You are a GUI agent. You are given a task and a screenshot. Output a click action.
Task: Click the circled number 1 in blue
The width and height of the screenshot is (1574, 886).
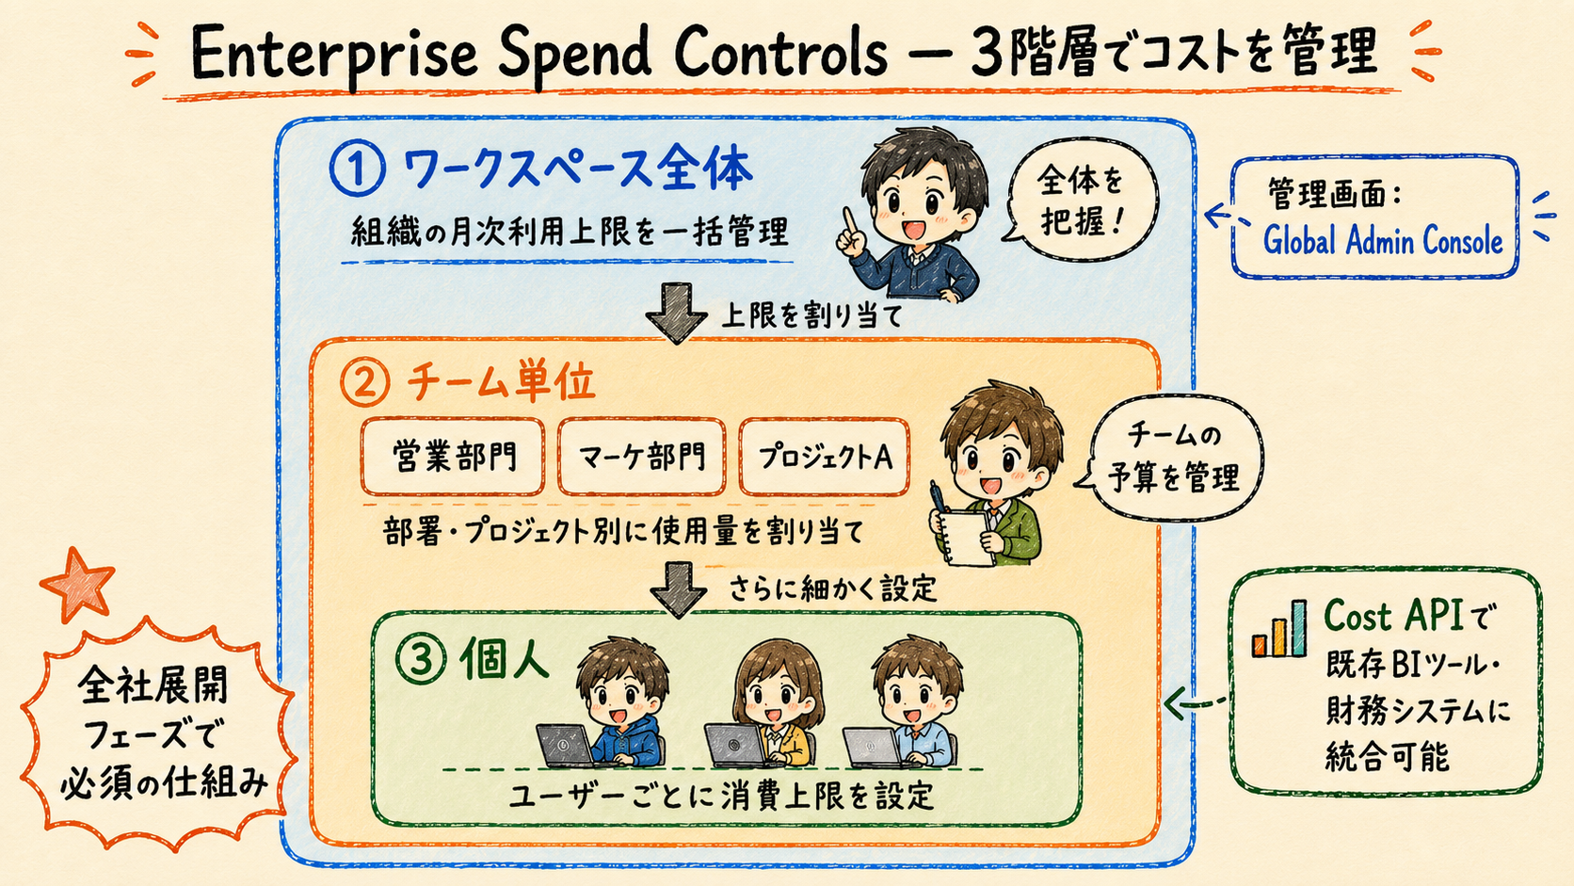[x=357, y=169]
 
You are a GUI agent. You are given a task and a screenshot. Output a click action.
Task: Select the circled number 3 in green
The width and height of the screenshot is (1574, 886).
[x=421, y=660]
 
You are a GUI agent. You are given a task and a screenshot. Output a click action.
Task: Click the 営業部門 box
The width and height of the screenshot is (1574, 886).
[x=453, y=458]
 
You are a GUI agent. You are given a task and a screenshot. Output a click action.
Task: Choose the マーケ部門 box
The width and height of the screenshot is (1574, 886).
[x=641, y=458]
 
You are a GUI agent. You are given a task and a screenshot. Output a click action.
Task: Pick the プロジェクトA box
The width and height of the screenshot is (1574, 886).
[x=825, y=458]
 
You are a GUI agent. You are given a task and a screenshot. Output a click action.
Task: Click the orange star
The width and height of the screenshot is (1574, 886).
[x=77, y=584]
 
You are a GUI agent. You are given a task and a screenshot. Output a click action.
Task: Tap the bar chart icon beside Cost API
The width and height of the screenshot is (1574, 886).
[x=1278, y=629]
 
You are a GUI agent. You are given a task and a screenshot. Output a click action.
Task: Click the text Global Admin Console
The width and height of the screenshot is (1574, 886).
[x=1383, y=241]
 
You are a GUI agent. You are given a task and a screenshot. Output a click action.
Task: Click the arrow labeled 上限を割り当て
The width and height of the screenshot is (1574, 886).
[x=677, y=314]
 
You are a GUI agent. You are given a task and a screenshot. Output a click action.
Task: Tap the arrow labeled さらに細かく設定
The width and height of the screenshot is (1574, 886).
[x=678, y=589]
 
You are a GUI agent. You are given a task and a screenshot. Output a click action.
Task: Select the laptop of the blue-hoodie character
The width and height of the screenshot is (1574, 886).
[x=565, y=746]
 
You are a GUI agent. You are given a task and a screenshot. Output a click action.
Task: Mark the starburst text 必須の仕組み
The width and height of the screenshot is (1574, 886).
[x=165, y=783]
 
